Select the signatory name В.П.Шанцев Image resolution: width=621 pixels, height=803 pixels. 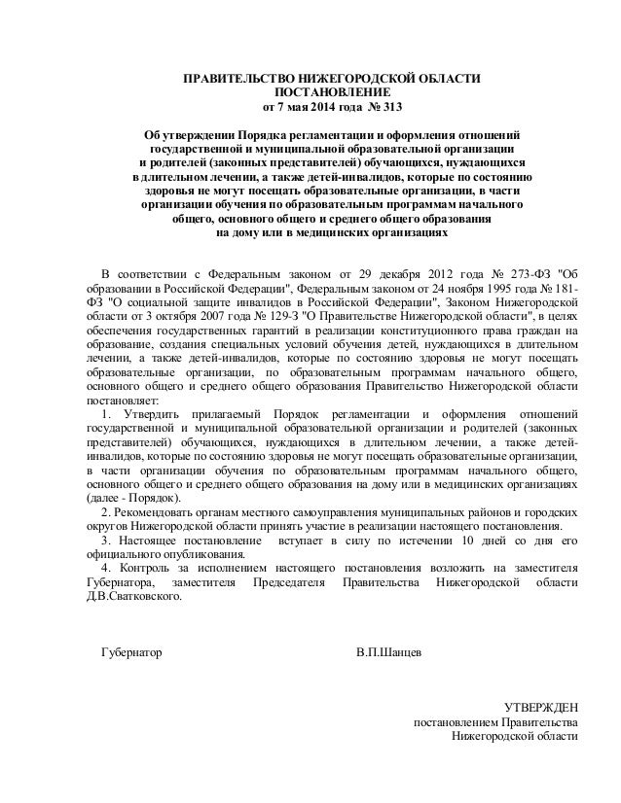point(390,650)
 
